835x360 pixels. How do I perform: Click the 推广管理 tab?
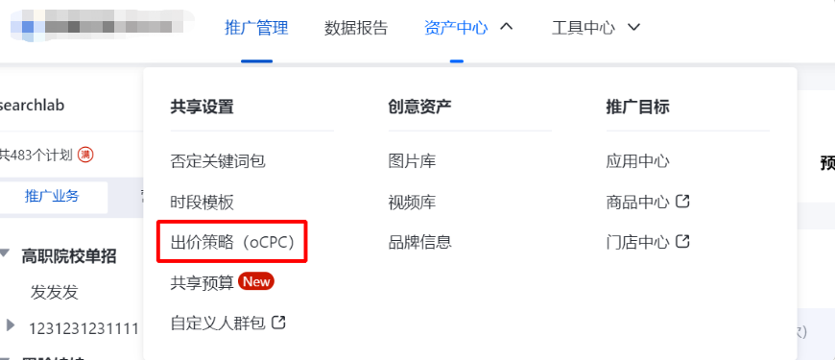pos(256,28)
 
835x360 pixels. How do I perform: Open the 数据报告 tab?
pos(356,28)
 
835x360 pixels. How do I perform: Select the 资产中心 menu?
pos(456,28)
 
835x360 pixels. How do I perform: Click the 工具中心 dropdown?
pos(584,28)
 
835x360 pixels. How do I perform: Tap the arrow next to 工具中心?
pos(633,27)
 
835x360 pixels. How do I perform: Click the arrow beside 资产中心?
pos(507,27)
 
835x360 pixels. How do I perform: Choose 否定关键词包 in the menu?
pos(218,161)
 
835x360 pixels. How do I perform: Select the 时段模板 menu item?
pos(203,202)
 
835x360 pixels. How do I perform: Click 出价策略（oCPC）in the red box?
pos(232,242)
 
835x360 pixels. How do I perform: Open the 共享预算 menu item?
pos(203,282)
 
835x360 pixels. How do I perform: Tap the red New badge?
pos(256,282)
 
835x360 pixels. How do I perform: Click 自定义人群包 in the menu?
pos(218,323)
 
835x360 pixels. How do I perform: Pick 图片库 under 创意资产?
pos(412,161)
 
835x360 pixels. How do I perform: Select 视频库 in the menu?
pos(412,202)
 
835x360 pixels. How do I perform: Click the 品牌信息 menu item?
pos(419,242)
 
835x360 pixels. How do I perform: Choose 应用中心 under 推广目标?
pos(637,161)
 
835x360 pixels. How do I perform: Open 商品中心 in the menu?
pos(637,202)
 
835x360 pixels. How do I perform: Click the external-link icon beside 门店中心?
pos(683,242)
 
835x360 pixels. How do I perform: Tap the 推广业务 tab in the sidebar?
pos(52,196)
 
